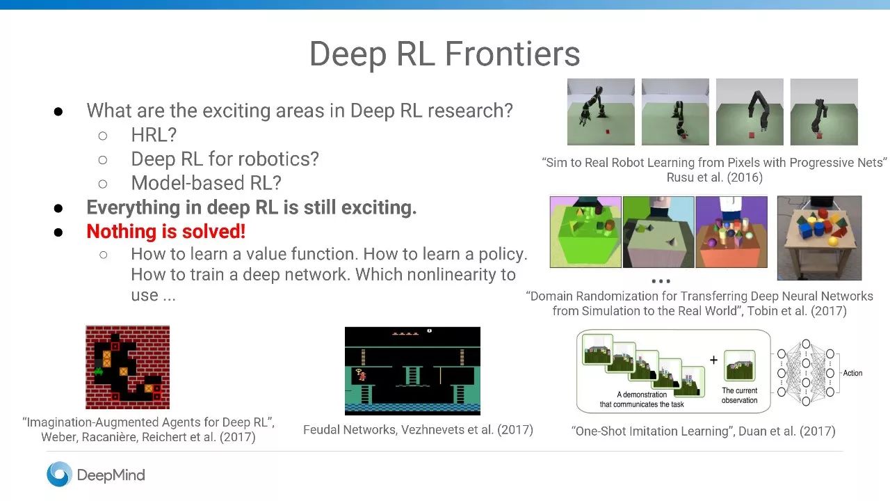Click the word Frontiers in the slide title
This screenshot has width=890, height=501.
tap(512, 54)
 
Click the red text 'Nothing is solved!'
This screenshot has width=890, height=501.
tap(165, 232)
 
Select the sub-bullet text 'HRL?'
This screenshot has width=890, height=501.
tap(154, 135)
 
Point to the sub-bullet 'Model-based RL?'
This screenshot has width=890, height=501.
tap(207, 183)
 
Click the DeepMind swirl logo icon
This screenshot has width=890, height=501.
tap(59, 474)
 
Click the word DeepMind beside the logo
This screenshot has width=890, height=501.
tap(111, 475)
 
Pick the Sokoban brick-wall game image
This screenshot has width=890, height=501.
tap(127, 367)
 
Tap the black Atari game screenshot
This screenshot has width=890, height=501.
tap(412, 371)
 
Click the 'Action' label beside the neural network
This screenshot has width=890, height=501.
tap(852, 373)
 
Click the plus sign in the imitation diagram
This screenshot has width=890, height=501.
tap(713, 360)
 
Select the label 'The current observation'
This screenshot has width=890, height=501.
tap(739, 395)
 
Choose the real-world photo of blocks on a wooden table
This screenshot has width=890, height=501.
tap(819, 238)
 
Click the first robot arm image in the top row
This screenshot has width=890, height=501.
tap(601, 112)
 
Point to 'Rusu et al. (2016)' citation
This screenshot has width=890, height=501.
tap(714, 177)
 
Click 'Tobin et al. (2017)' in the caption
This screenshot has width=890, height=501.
tap(797, 311)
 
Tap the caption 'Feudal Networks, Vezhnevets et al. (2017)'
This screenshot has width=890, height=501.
tap(418, 430)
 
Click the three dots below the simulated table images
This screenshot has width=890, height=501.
tap(661, 281)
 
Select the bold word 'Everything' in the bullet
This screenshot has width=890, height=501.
tap(133, 207)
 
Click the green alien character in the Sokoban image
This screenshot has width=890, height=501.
tap(98, 372)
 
